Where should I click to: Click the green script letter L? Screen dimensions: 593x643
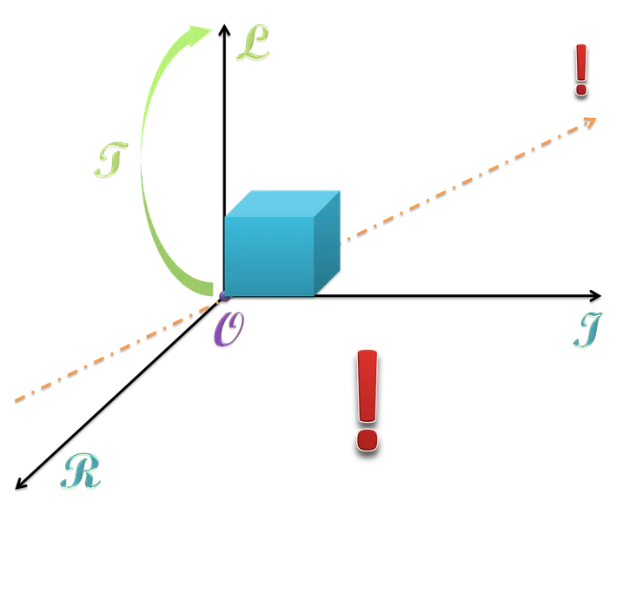(252, 44)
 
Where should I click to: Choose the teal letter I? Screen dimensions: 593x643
(588, 330)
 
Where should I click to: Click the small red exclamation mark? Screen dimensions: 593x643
(581, 68)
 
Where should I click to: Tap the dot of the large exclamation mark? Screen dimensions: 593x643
(368, 438)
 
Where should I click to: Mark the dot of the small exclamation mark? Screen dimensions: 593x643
(581, 88)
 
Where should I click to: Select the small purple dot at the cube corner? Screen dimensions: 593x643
(224, 297)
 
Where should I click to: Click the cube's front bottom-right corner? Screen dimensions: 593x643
(313, 296)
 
